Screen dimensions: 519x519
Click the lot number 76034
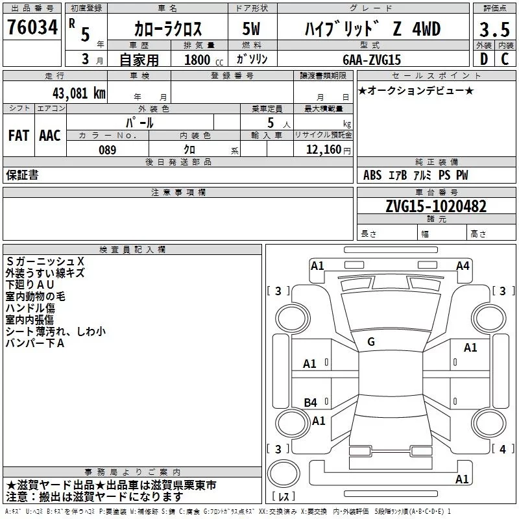pyautogui.click(x=32, y=28)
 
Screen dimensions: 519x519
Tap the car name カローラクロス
pyautogui.click(x=168, y=29)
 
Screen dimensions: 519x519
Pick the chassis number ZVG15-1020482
pyautogui.click(x=435, y=206)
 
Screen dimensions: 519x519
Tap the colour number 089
pyautogui.click(x=107, y=150)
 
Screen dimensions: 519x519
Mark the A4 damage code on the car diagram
pyautogui.click(x=462, y=265)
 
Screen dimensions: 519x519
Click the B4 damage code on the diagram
pyautogui.click(x=311, y=403)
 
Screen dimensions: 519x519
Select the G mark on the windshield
pyautogui.click(x=371, y=342)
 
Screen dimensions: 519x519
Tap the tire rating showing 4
pyautogui.click(x=501, y=449)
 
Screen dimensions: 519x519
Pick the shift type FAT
pyautogui.click(x=19, y=136)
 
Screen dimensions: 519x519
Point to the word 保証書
pyautogui.click(x=22, y=175)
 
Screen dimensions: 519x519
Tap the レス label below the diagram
pyautogui.click(x=284, y=497)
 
